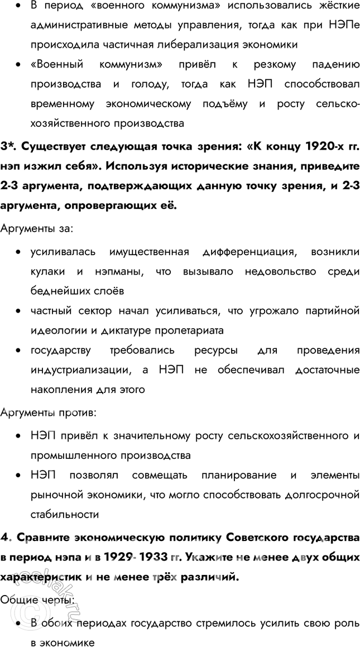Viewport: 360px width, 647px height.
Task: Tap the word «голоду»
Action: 150,84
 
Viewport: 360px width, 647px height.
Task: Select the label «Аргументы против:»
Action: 48,414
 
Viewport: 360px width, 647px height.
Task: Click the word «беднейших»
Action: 56,291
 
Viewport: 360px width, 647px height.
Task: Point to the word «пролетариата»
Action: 190,330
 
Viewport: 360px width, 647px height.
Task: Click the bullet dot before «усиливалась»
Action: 19,252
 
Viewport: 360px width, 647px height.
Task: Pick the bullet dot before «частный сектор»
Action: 19,311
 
